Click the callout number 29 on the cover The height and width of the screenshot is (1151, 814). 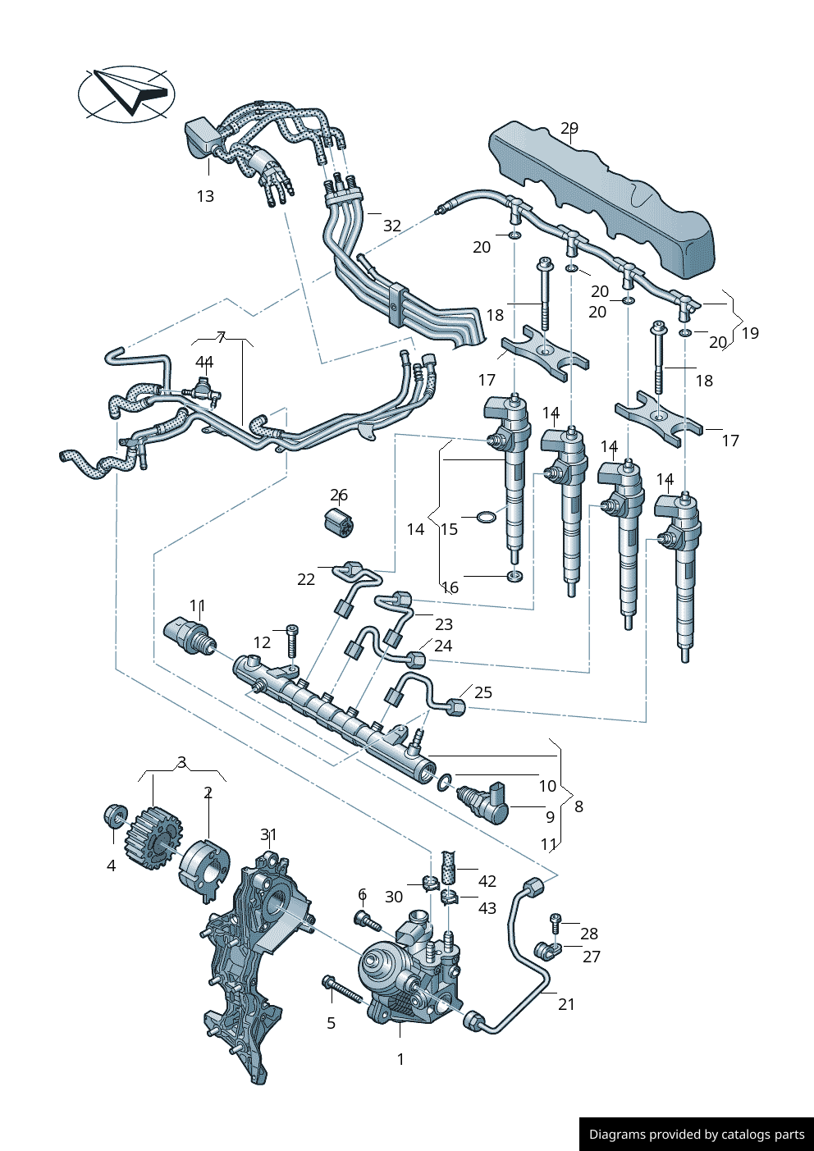tap(569, 128)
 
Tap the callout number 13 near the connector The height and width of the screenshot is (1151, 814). tap(205, 196)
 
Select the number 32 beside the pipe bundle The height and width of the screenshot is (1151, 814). tap(392, 226)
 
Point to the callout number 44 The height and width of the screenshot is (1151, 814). tap(204, 362)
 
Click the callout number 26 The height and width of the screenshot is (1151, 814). tap(339, 495)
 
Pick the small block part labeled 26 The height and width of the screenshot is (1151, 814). tap(337, 523)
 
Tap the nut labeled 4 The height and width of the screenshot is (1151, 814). tap(116, 817)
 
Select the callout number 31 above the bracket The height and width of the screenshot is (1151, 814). tap(268, 834)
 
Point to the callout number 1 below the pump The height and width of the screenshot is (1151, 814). tap(400, 1059)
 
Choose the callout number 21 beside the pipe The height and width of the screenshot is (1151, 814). tap(567, 1004)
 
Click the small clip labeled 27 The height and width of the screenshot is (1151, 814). tap(545, 951)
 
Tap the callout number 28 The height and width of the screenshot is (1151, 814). tap(589, 934)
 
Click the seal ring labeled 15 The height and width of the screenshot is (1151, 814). tap(487, 517)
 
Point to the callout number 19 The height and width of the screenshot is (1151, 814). tap(750, 333)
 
